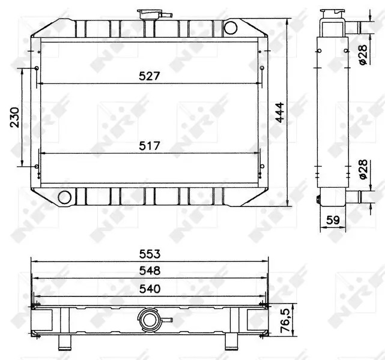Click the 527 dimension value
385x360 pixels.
click(x=150, y=76)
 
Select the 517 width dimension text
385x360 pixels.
click(x=150, y=146)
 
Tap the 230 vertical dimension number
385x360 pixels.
click(x=15, y=117)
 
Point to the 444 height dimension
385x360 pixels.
click(x=280, y=112)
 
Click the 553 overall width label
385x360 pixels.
click(x=150, y=254)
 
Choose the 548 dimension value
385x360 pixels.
click(x=150, y=271)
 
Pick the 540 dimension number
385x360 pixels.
click(x=150, y=289)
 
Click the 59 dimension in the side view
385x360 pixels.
click(x=333, y=220)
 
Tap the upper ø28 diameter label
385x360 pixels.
click(x=363, y=55)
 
